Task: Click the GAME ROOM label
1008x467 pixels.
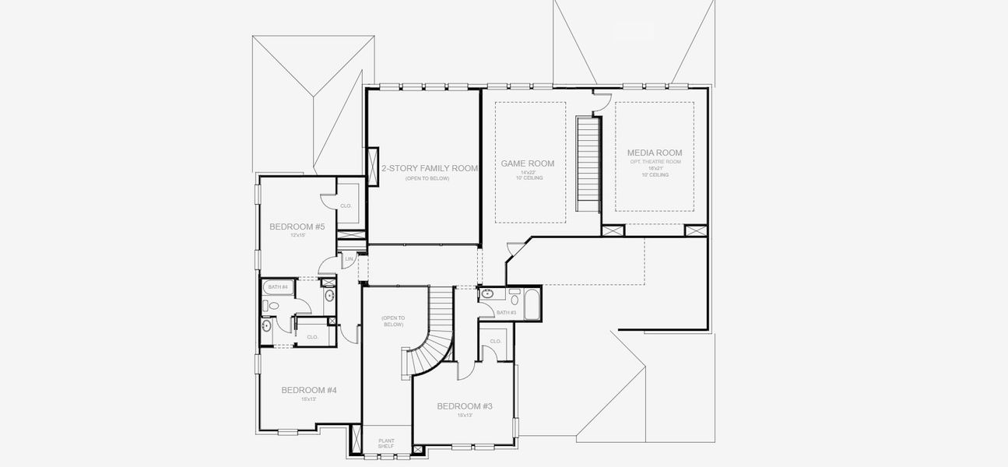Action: [x=527, y=163]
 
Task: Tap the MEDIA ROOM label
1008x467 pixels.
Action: [x=654, y=153]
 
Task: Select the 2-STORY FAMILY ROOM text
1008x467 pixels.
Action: [x=429, y=168]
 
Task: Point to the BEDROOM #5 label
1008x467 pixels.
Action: [x=297, y=226]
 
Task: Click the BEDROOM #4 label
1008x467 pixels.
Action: [x=308, y=390]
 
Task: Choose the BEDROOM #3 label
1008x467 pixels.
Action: [x=465, y=406]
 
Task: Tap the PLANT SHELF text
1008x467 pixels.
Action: [x=386, y=444]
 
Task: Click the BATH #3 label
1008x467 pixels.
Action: [x=506, y=312]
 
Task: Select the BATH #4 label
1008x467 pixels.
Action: [x=278, y=287]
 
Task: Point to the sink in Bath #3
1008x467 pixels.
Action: [x=487, y=294]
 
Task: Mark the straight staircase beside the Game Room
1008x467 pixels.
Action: [x=588, y=162]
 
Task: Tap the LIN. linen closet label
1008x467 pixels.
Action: [x=349, y=258]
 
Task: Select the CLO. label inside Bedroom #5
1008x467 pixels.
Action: [x=346, y=205]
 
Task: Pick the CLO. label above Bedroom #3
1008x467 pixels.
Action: [x=495, y=341]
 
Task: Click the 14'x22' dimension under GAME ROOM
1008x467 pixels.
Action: [x=529, y=172]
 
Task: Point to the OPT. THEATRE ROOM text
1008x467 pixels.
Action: [x=655, y=162]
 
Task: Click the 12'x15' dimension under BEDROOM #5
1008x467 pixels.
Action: [x=297, y=235]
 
